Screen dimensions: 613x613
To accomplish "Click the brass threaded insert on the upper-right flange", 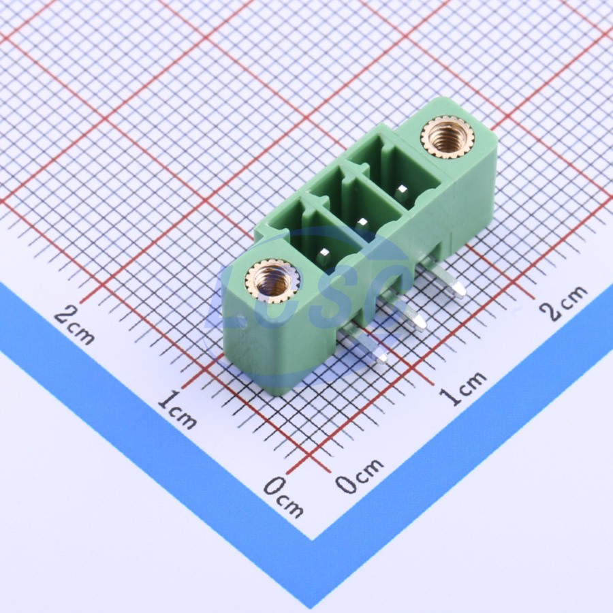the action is pyautogui.click(x=447, y=137).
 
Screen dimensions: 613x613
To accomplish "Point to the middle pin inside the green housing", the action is pyautogui.click(x=362, y=223).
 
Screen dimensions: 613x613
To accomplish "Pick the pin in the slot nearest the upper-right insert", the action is pyautogui.click(x=401, y=192).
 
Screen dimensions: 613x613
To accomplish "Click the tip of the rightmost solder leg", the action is pyautogui.click(x=465, y=293).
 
